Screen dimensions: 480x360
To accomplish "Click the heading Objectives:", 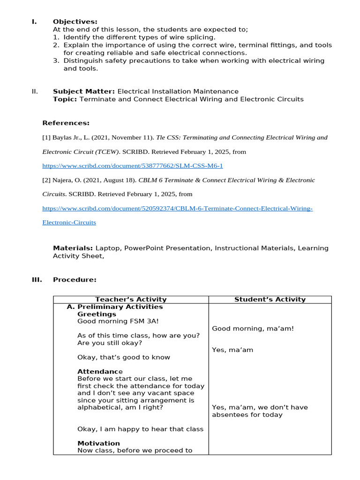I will click(x=75, y=22).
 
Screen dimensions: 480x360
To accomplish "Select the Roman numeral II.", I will click(x=35, y=91).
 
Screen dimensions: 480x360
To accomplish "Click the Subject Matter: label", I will click(x=84, y=91).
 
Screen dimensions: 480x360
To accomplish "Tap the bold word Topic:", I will click(x=65, y=99).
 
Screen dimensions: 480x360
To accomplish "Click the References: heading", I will click(x=66, y=123).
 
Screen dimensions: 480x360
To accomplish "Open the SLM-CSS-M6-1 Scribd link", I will click(x=133, y=166).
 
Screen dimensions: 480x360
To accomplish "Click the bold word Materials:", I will click(x=73, y=248).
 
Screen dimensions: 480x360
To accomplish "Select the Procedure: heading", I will click(x=75, y=280).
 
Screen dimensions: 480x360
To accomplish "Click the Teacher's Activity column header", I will click(x=131, y=300).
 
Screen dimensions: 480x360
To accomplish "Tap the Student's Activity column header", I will click(x=270, y=300).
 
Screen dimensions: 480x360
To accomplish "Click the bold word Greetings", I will click(x=97, y=314).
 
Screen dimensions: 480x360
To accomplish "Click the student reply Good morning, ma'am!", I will click(x=253, y=329).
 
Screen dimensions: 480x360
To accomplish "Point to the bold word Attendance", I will click(x=100, y=372).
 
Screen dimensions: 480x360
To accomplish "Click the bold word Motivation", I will click(x=98, y=443).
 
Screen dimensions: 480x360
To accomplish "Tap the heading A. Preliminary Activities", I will click(x=115, y=307).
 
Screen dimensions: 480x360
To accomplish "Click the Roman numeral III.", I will click(x=37, y=280).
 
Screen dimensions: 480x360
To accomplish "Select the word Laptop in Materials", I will click(x=108, y=248).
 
